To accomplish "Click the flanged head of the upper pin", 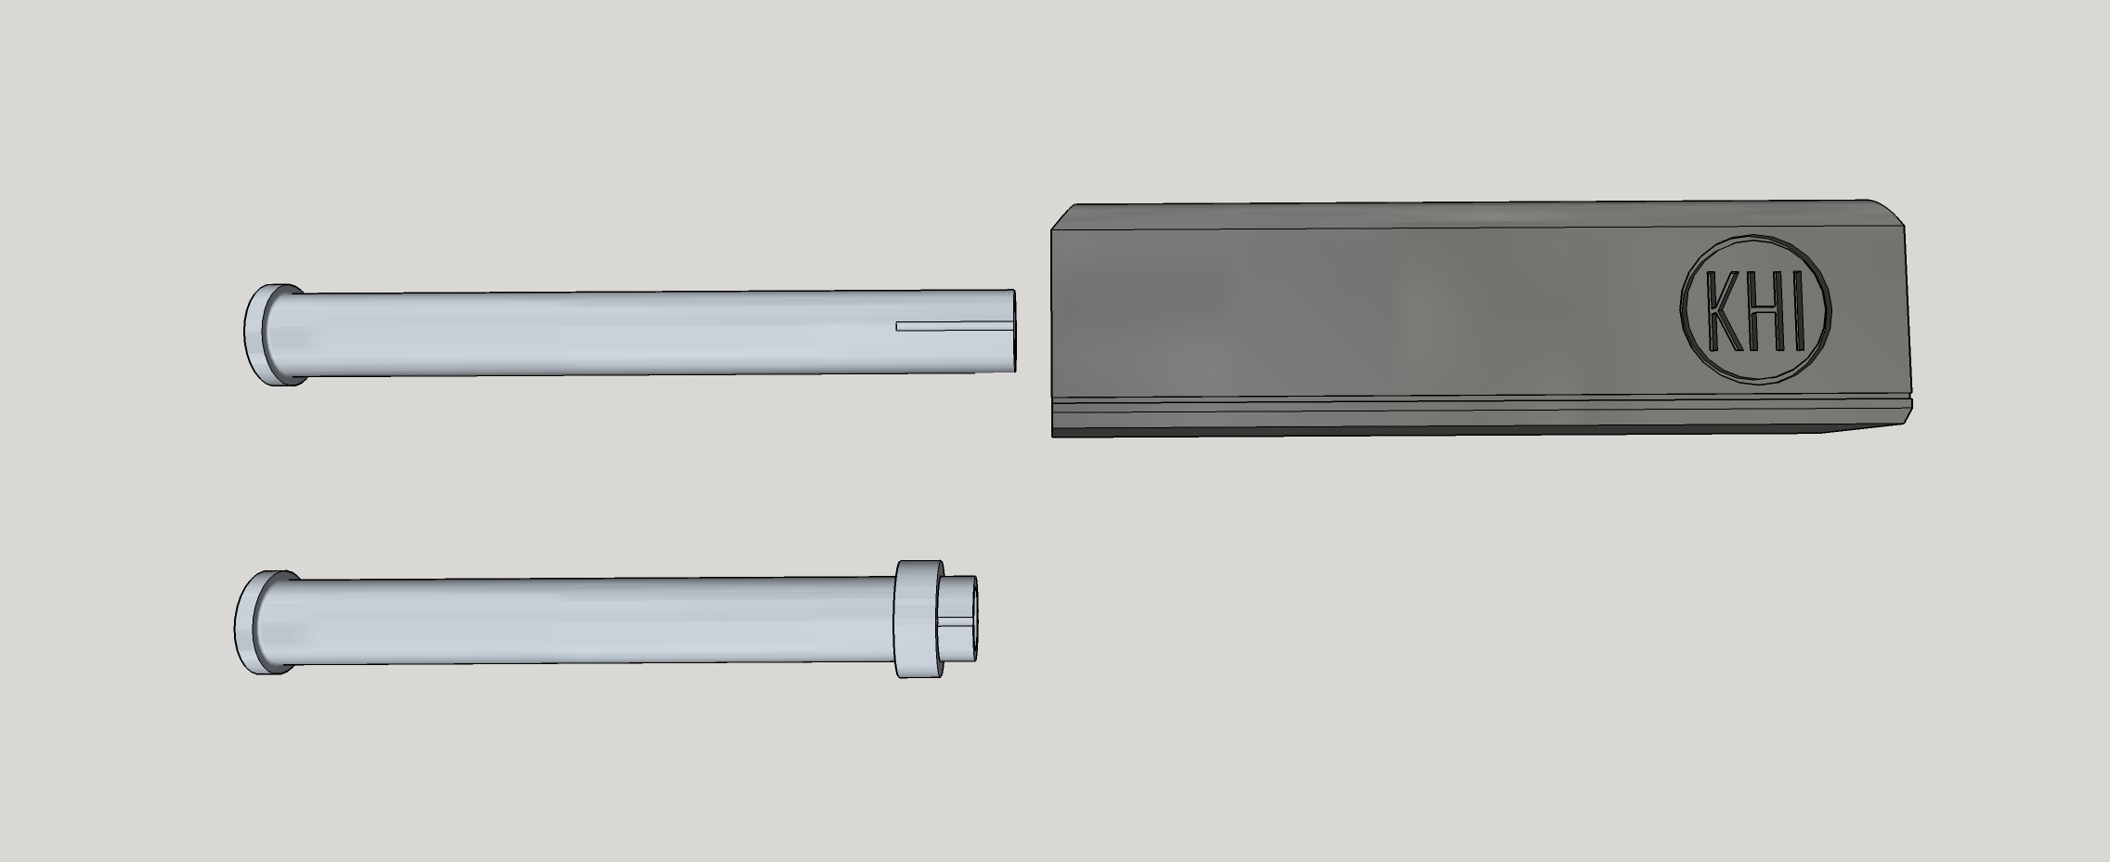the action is point(274,334).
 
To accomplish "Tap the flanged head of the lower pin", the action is point(266,621).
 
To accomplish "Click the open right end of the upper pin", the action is point(1012,331).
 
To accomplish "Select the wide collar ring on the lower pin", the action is point(919,618).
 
